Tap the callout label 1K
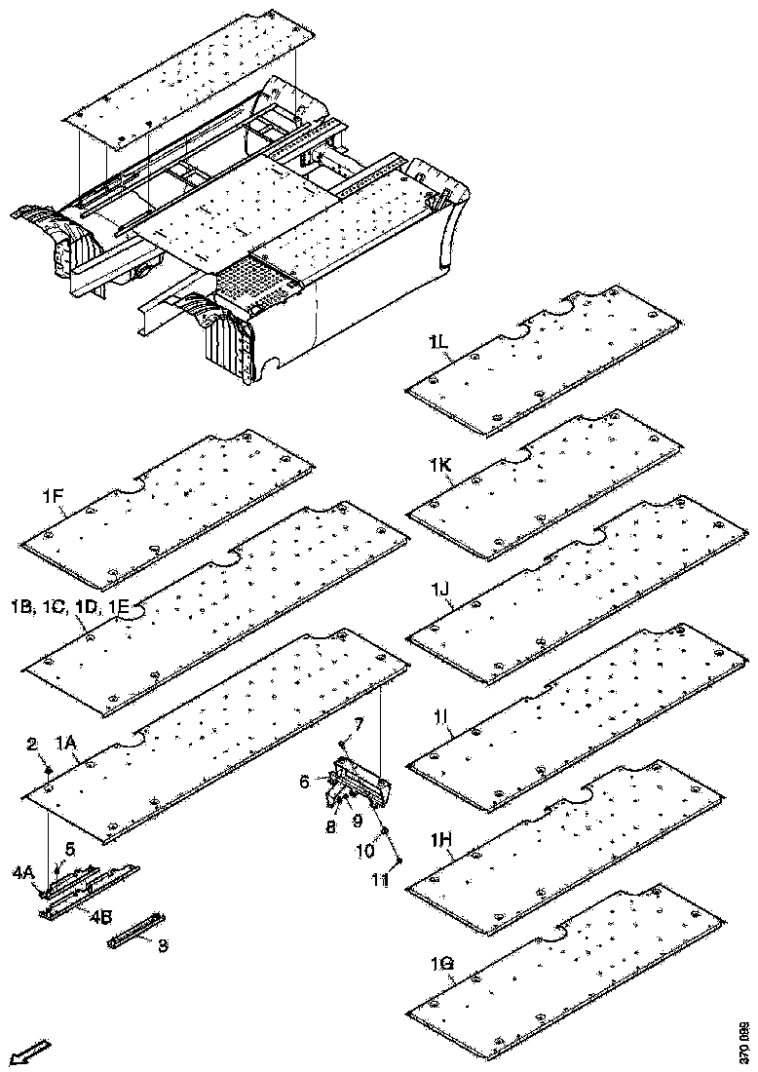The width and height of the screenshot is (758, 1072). [x=438, y=467]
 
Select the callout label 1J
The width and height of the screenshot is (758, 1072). [x=439, y=588]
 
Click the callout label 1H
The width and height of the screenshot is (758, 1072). [x=440, y=839]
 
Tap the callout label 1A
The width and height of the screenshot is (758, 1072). [x=65, y=744]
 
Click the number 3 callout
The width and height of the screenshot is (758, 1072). [x=164, y=944]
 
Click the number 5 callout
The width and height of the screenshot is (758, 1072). [x=69, y=848]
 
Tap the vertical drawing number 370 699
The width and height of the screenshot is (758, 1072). [x=744, y=1042]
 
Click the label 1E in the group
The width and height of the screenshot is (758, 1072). [x=119, y=606]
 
